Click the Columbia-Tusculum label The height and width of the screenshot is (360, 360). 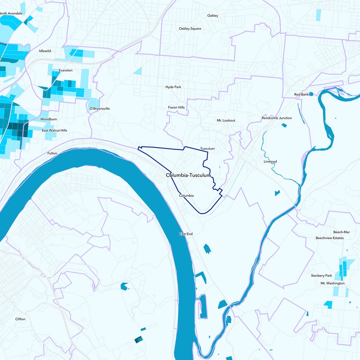coord(188,175)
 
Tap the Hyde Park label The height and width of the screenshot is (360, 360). coord(173,87)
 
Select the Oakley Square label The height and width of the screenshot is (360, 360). coord(190,29)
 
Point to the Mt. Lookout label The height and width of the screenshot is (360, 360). coord(226,121)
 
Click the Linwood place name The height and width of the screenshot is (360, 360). coord(270,161)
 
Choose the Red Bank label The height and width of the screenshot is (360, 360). coord(301,94)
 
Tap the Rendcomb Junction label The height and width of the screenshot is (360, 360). coord(277,118)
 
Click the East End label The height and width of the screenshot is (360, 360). coord(186,234)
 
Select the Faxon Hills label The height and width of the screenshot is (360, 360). coord(176,108)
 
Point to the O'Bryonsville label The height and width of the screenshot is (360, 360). coord(99,109)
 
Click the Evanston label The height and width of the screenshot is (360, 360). coord(66,71)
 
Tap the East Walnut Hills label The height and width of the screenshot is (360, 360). coord(54,130)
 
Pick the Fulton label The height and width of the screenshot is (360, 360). coord(52,153)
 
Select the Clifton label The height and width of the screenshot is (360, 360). coord(20,319)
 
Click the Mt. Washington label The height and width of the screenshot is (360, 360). coord(333,283)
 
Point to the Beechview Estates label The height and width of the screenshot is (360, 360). coord(330,238)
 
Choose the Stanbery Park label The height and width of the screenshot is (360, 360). coord(321,275)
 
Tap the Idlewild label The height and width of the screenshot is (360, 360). coord(45,51)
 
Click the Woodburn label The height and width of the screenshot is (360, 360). coord(48,119)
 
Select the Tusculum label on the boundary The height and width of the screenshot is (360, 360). coord(207,148)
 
